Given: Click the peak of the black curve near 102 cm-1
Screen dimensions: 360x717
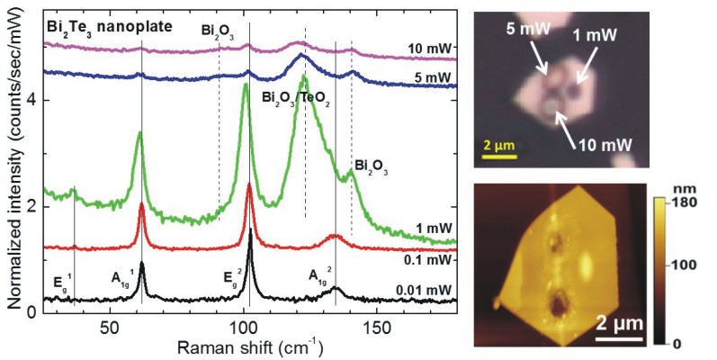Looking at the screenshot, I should (250, 230).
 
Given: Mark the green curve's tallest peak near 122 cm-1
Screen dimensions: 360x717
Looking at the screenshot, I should (304, 78).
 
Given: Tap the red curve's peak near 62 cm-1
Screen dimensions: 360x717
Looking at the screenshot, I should (142, 204).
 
